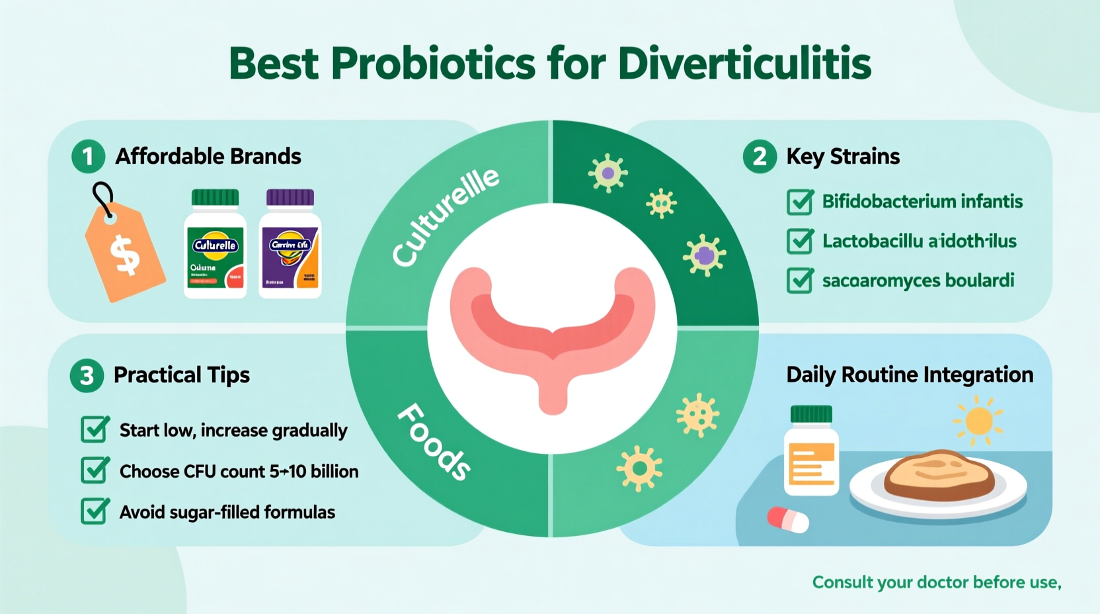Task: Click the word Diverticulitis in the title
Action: tap(744, 64)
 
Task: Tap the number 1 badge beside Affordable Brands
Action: tap(88, 157)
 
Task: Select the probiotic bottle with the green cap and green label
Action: tap(215, 244)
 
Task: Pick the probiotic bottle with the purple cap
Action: tap(290, 244)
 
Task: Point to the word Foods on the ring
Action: tap(434, 441)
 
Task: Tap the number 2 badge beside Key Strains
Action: tap(760, 157)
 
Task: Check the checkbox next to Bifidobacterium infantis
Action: tap(800, 202)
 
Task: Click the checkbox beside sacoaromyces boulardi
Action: tap(800, 281)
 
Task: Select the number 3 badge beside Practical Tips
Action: tap(87, 376)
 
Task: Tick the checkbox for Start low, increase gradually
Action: tap(95, 430)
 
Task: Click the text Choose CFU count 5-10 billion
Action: tap(239, 471)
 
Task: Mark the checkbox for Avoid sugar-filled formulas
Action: tap(95, 511)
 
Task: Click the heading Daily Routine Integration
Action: tap(909, 375)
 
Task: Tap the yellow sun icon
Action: tap(978, 421)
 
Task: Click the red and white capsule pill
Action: tap(788, 519)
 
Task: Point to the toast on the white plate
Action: tap(939, 474)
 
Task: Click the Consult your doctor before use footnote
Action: tap(936, 582)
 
